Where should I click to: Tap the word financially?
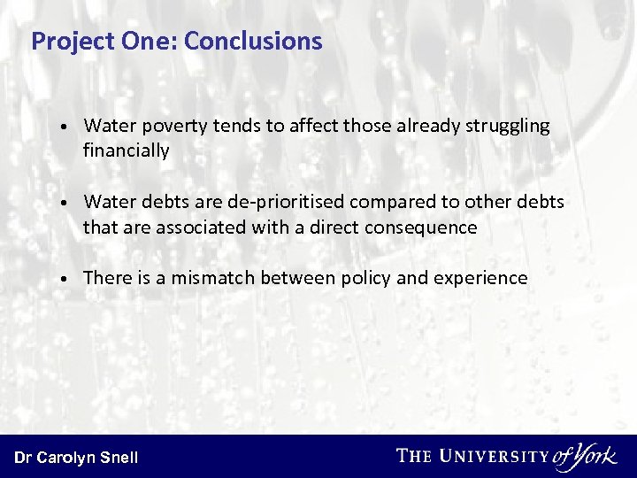(x=126, y=150)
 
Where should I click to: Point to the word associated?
(x=198, y=227)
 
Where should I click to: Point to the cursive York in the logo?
(x=594, y=456)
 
